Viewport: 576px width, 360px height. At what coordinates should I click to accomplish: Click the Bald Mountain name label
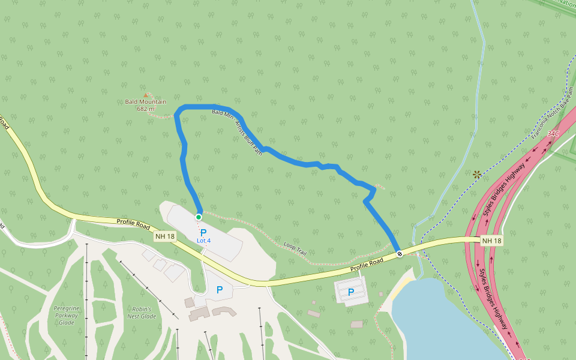point(145,102)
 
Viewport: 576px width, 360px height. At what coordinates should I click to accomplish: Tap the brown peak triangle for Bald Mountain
point(146,95)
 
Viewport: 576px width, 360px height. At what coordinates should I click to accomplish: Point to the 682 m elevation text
point(145,109)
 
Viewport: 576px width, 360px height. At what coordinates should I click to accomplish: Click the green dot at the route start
point(199,217)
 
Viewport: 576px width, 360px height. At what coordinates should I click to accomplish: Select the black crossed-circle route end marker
point(400,254)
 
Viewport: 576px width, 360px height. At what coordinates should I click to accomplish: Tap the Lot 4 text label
point(204,241)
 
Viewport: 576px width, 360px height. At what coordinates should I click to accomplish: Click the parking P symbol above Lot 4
point(203,232)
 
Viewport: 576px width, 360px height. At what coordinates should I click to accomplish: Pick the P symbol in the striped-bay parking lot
point(351,292)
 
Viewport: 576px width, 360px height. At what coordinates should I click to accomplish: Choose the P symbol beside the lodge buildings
point(220,289)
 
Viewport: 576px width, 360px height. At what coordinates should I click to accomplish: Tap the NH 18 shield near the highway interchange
point(491,241)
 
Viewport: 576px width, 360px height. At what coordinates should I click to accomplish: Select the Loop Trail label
point(295,250)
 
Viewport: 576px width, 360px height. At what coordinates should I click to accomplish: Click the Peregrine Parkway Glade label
point(67,315)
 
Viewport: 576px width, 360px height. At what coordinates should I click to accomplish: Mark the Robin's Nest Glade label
point(142,313)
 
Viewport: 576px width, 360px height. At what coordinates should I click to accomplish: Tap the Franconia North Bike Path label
point(552,113)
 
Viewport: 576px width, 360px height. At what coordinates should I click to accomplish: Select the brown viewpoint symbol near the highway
point(477,175)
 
